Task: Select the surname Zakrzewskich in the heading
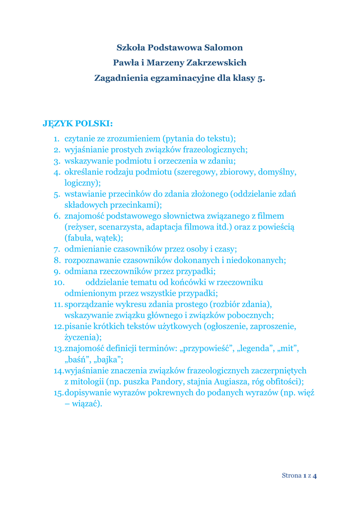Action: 216,63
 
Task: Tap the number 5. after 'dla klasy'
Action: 261,78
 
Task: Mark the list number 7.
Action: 57,249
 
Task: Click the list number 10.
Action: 60,282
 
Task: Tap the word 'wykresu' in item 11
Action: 138,304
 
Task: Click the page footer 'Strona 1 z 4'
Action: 299,476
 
